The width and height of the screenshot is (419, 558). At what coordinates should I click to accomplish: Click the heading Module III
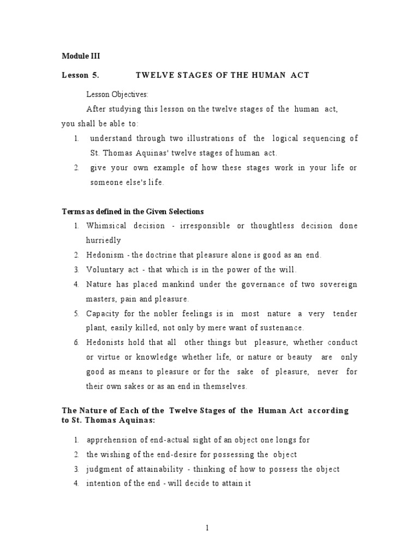click(x=81, y=56)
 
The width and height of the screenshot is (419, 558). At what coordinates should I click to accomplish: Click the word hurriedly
click(x=103, y=240)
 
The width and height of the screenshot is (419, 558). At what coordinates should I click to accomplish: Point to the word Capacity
click(x=103, y=314)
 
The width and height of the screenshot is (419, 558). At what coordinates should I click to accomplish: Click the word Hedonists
click(x=106, y=343)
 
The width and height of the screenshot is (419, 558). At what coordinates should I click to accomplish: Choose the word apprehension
click(x=111, y=440)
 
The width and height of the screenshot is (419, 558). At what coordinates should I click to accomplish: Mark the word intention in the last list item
click(x=103, y=484)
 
